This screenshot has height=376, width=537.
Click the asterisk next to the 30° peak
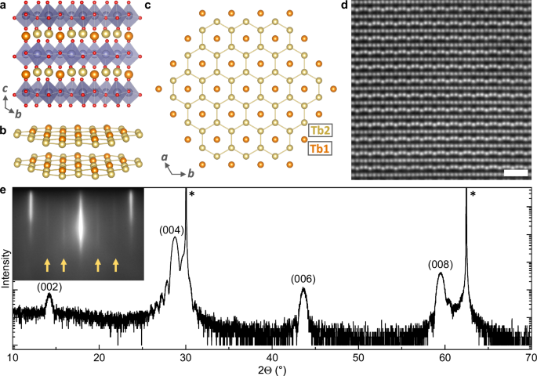(191, 193)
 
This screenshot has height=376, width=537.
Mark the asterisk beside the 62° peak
(473, 194)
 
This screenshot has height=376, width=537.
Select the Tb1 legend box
(317, 146)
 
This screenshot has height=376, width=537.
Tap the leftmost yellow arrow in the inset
(46, 265)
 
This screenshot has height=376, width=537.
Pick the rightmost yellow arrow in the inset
(116, 265)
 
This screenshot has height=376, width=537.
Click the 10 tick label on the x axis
(13, 357)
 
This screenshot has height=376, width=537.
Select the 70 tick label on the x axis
(529, 357)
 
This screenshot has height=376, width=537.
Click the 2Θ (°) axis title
(271, 369)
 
